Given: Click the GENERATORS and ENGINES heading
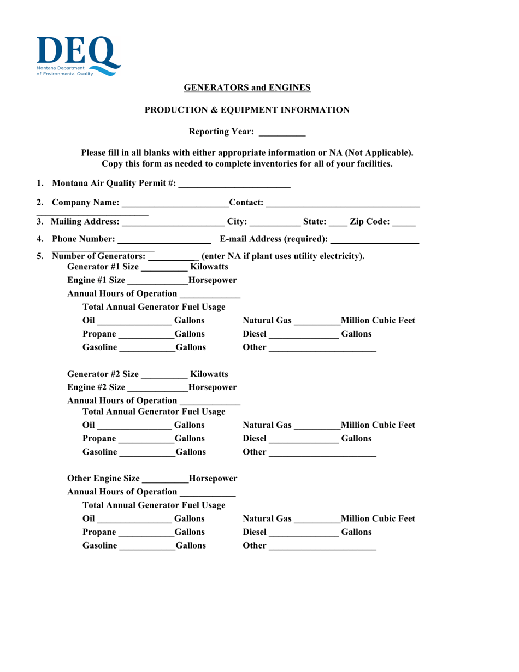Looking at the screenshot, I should (x=247, y=87).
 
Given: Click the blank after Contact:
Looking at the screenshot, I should (x=342, y=204).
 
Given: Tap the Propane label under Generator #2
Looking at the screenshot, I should (x=99, y=438).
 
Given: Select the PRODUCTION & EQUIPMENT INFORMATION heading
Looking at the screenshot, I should (x=247, y=110).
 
